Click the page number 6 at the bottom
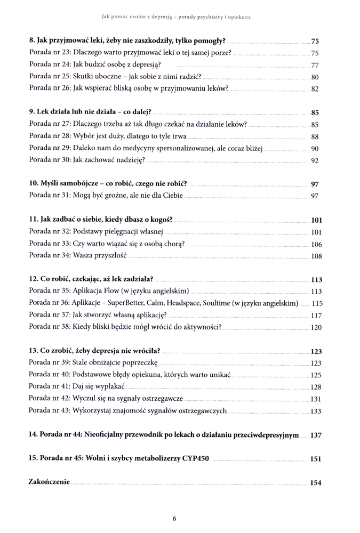point(174,518)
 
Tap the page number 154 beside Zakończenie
point(316,483)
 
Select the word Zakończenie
point(49,482)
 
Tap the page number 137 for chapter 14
point(316,435)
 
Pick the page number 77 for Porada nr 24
point(314,65)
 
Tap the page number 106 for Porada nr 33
point(316,244)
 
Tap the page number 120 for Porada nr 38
point(316,327)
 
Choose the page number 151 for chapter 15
point(316,459)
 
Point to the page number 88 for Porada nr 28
point(314,137)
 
